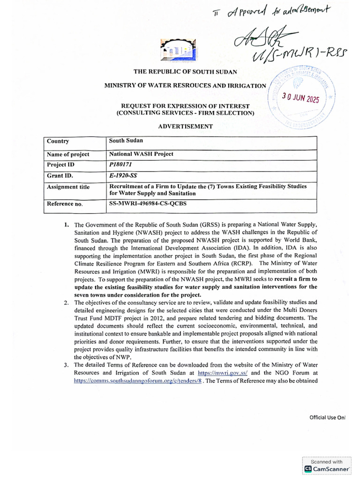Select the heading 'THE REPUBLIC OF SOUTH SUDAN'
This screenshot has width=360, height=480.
185,72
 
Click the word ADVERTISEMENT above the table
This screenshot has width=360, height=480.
185,126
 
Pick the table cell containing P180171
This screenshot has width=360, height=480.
121,165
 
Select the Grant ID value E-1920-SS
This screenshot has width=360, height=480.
123,176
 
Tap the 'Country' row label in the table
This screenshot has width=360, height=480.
58,141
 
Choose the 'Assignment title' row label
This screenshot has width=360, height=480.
68,187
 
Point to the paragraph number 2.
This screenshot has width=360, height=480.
67,302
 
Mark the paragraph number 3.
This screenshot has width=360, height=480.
67,365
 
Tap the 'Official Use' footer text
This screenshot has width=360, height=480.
327,417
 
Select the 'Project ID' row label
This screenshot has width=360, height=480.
60,165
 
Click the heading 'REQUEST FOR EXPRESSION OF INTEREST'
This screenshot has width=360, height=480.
185,106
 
